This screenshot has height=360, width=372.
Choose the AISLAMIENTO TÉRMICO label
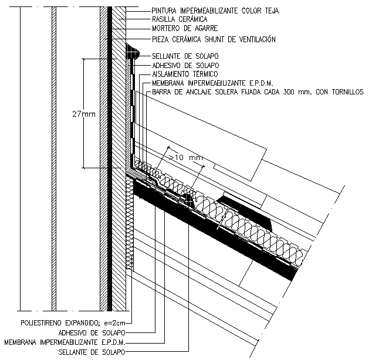[184, 74]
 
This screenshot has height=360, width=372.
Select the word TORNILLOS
[344, 93]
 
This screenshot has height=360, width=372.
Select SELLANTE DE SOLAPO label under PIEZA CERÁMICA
[177, 56]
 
